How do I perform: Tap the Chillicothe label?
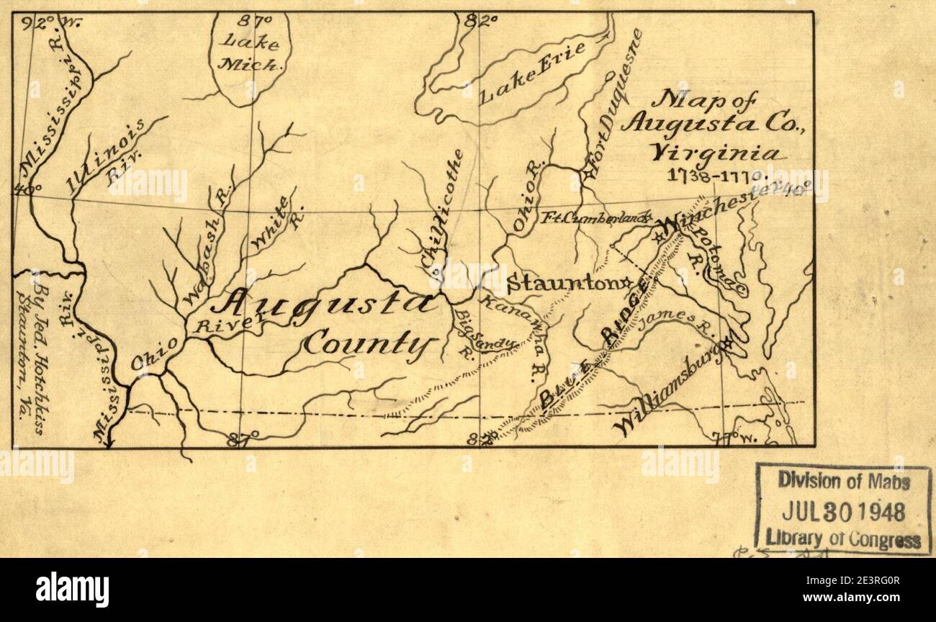(443, 216)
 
